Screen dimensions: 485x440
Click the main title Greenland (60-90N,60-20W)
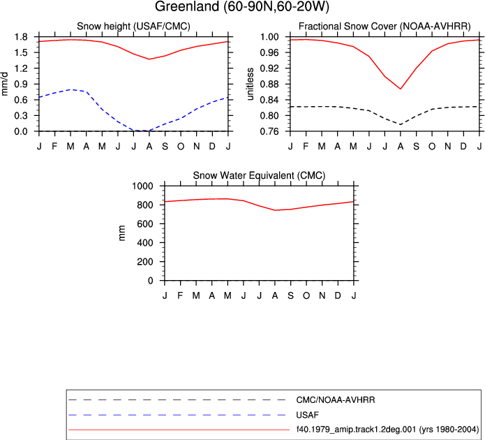(242, 6)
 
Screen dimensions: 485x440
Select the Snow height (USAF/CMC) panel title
(133, 27)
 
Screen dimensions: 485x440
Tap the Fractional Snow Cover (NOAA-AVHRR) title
(385, 27)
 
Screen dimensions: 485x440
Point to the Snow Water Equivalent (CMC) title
(259, 175)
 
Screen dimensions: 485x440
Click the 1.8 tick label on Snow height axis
(21, 37)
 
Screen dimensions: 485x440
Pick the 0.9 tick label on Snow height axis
(21, 84)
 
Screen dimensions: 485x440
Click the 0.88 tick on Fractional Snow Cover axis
(270, 84)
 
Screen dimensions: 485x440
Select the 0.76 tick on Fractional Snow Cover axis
(270, 131)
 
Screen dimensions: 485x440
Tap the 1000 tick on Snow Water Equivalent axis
(142, 186)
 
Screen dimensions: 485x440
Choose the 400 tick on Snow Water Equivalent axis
(145, 243)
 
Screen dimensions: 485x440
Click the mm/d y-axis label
(4, 84)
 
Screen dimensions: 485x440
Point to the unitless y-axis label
(250, 84)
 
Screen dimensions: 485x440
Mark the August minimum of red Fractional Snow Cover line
(401, 89)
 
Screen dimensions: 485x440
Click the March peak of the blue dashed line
(71, 89)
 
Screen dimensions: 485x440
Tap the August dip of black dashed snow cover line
(401, 124)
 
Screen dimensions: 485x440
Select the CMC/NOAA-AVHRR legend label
(336, 400)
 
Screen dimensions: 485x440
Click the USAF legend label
(308, 415)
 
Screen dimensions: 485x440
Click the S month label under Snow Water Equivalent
(290, 295)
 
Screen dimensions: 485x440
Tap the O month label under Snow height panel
(181, 146)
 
